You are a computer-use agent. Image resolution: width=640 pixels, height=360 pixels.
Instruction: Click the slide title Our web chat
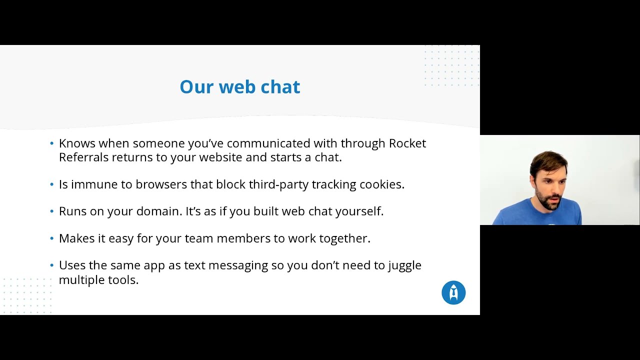239,87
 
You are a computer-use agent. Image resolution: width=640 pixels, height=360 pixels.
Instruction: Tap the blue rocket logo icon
453,293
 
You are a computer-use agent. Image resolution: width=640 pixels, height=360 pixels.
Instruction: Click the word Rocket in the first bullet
407,143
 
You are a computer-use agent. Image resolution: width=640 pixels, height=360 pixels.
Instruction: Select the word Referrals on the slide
83,157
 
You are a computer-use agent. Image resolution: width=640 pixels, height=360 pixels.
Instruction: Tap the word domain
159,211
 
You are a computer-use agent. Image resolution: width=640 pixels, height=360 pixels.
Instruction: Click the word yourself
358,211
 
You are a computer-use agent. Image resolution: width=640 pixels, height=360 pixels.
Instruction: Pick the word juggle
404,265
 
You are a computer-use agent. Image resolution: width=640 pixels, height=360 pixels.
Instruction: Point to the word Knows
77,143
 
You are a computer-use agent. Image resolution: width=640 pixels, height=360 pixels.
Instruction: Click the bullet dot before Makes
52,238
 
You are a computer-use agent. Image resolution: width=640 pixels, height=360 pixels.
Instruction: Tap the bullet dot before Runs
52,211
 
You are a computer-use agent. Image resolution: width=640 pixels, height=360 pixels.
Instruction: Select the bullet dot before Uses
52,265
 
